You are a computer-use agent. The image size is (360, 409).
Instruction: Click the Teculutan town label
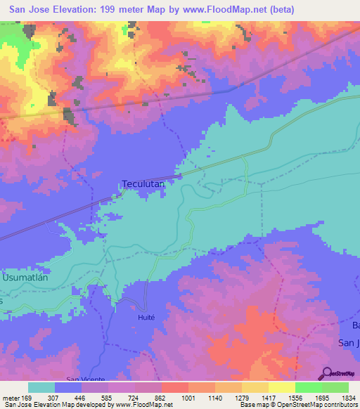tap(143, 183)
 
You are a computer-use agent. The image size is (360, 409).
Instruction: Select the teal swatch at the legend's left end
tap(41, 387)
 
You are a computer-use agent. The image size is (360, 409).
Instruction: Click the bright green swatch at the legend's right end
tap(335, 387)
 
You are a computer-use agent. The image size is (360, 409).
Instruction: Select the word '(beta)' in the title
tap(280, 8)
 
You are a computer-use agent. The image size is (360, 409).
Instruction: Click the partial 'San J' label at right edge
tap(349, 343)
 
